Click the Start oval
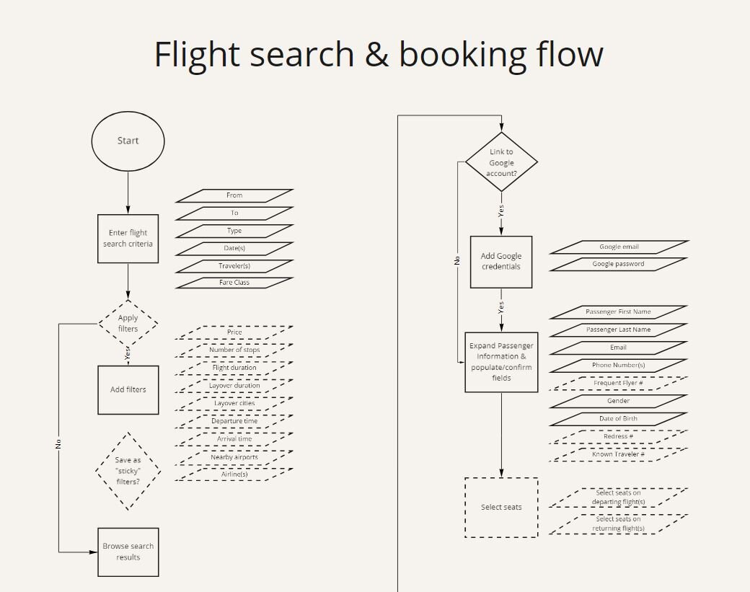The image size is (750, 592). click(128, 141)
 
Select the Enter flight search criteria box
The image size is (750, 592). click(128, 239)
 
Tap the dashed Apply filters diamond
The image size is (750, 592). click(128, 323)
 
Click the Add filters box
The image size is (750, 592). click(128, 390)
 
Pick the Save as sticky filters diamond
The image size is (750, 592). click(128, 471)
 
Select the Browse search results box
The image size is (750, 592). click(128, 552)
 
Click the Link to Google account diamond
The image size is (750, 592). click(501, 162)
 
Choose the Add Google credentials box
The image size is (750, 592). click(501, 262)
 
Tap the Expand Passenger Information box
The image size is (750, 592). click(501, 362)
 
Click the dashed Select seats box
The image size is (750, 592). click(501, 508)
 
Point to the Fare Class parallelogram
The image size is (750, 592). click(234, 283)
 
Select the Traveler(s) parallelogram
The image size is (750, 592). click(234, 266)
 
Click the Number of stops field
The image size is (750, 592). click(234, 350)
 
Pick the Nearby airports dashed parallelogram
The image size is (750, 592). click(234, 457)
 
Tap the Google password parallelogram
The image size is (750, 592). click(618, 264)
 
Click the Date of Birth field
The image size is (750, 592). click(618, 419)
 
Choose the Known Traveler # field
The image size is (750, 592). click(618, 454)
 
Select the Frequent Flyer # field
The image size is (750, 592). click(618, 383)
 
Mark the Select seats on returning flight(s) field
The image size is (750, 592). click(618, 524)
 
